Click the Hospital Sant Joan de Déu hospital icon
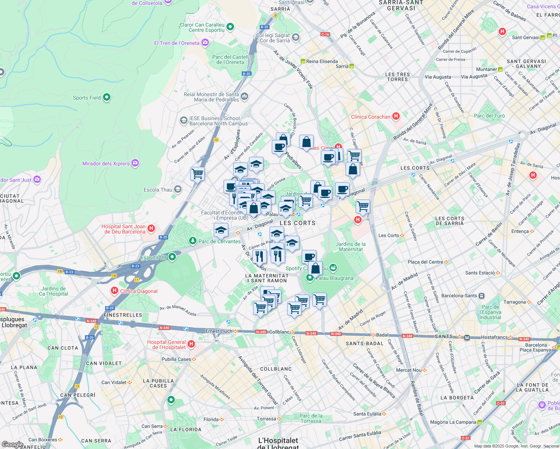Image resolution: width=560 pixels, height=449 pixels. click(151, 228)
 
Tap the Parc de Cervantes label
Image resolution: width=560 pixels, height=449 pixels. click(219, 241)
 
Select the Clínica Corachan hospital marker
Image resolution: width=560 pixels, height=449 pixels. click(396, 116)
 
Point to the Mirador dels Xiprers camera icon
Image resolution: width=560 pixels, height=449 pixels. click(136, 163)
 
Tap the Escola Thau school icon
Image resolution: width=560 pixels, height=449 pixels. click(178, 189)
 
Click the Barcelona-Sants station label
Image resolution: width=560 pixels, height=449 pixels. click(459, 296)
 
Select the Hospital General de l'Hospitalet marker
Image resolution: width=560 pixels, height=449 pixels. click(191, 344)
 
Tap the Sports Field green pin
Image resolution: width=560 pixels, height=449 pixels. click(107, 97)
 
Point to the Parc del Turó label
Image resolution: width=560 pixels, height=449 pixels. click(489, 116)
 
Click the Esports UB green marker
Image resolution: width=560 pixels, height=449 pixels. click(172, 257)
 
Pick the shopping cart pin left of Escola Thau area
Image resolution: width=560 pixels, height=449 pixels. click(197, 174)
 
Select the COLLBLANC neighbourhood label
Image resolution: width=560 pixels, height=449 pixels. click(276, 369)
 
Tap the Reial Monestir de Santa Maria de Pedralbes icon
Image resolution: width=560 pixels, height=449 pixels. click(244, 97)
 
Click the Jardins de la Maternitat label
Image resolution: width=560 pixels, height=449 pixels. click(351, 247)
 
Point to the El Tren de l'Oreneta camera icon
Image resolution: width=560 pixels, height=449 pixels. click(205, 43)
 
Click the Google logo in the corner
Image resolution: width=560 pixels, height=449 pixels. click(12, 444)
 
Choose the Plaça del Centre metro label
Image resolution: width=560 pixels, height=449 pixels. click(425, 262)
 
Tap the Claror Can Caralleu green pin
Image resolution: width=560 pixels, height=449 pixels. click(230, 27)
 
